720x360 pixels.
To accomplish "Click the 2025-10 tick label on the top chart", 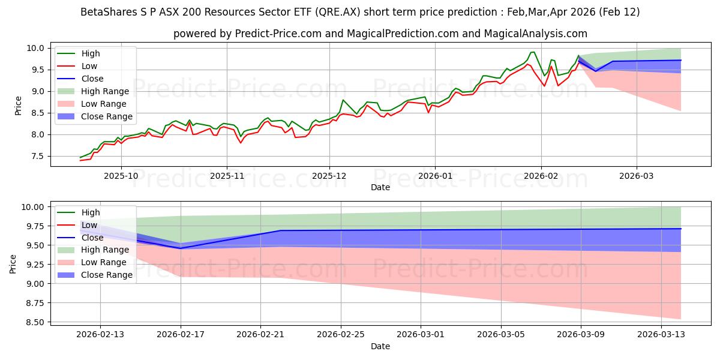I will tap(121, 176).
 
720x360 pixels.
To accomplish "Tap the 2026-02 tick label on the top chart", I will tap(541, 176).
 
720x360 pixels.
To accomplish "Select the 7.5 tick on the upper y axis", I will tap(38, 156).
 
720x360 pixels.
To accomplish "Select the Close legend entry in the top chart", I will tap(92, 79).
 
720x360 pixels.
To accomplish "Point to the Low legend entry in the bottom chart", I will tap(89, 225).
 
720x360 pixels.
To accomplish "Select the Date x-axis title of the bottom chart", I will tap(380, 346).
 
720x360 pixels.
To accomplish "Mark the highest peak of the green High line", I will tap(532, 52).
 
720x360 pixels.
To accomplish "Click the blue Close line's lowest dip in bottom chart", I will tap(181, 248).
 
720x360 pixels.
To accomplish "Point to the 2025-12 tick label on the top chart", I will tap(329, 176).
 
